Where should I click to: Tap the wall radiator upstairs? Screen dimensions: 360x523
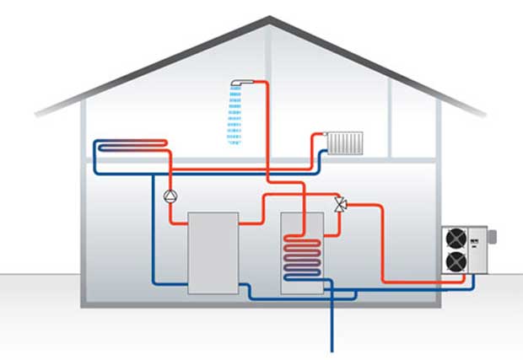(x=346, y=143)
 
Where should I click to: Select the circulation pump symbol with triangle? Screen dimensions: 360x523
(x=170, y=196)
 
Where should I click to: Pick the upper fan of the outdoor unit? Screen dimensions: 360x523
(x=456, y=239)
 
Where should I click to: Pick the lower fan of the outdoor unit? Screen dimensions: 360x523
(x=456, y=263)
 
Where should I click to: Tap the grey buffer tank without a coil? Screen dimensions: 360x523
(x=213, y=252)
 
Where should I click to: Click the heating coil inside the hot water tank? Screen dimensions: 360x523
(x=302, y=256)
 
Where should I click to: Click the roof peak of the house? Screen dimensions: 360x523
(x=270, y=18)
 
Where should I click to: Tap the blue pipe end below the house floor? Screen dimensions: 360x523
(x=332, y=347)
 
